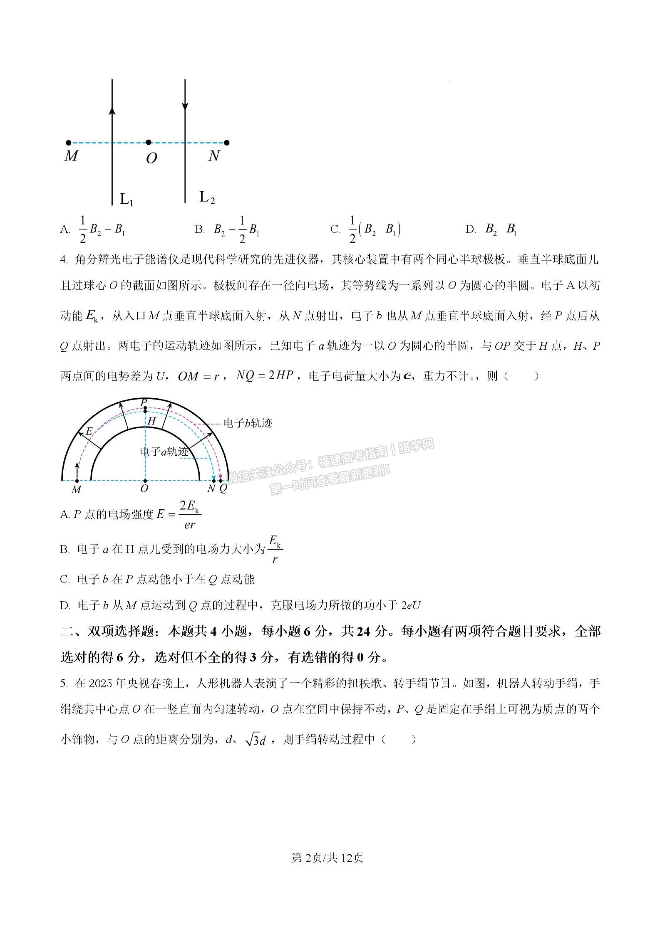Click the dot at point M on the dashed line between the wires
coord(69,143)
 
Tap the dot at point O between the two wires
coord(149,143)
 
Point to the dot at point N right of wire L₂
coord(226,143)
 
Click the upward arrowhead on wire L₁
coord(112,110)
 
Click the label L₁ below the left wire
coord(126,200)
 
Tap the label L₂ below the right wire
coord(207,197)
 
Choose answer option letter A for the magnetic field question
coord(65,230)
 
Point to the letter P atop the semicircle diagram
coord(144,402)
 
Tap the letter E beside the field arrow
coord(89,432)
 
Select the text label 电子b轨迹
coord(248,423)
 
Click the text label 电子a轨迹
coord(164,452)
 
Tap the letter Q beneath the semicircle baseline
coord(223,489)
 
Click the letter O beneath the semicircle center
coord(144,489)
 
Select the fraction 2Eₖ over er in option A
coord(190,515)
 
